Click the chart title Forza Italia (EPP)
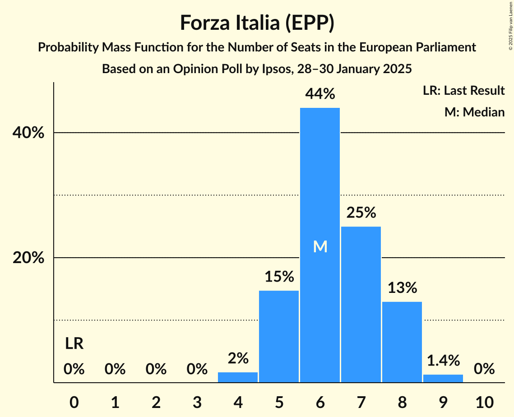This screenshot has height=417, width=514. [x=257, y=23]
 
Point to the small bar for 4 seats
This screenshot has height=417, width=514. [x=238, y=377]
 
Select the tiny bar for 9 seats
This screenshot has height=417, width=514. [x=443, y=378]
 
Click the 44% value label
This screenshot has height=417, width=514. [x=320, y=94]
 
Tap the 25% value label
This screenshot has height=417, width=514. [x=361, y=213]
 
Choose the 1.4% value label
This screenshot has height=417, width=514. [x=443, y=360]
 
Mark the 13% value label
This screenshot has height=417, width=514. [x=402, y=287]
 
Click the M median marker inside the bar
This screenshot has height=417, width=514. [x=320, y=246]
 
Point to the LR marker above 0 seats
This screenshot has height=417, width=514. [x=74, y=344]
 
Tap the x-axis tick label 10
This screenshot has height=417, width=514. [x=484, y=401]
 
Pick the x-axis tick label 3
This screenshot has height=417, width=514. [x=197, y=401]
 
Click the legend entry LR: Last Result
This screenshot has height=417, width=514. [x=463, y=91]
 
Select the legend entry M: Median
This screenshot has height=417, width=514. [x=474, y=112]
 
